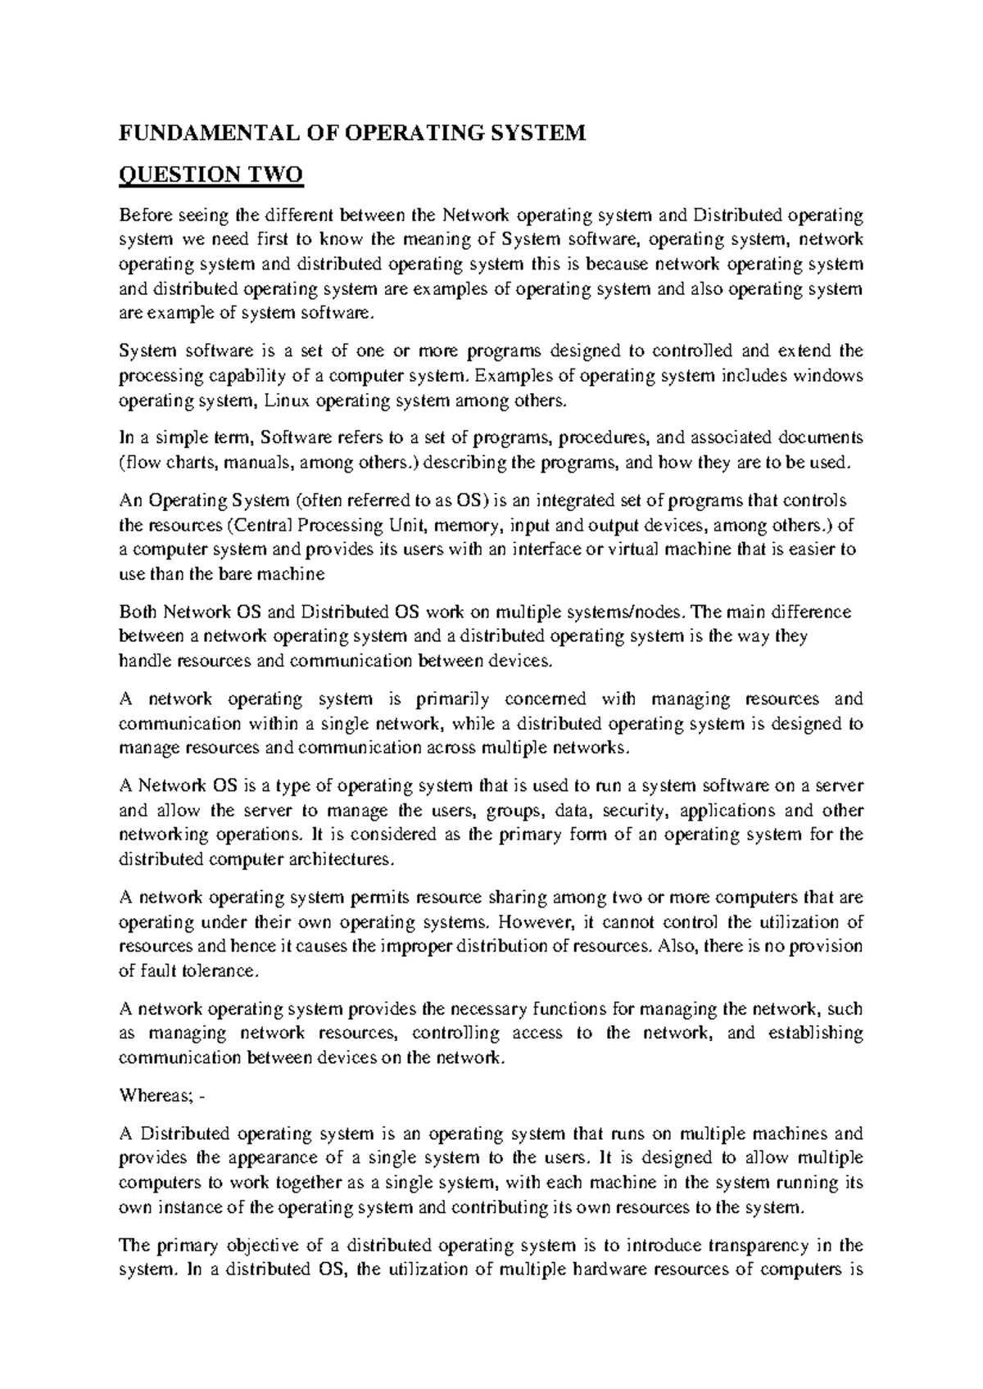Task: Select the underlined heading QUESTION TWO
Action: pyautogui.click(x=211, y=174)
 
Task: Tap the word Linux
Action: pyautogui.click(x=288, y=401)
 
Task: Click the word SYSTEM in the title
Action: pyautogui.click(x=544, y=133)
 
